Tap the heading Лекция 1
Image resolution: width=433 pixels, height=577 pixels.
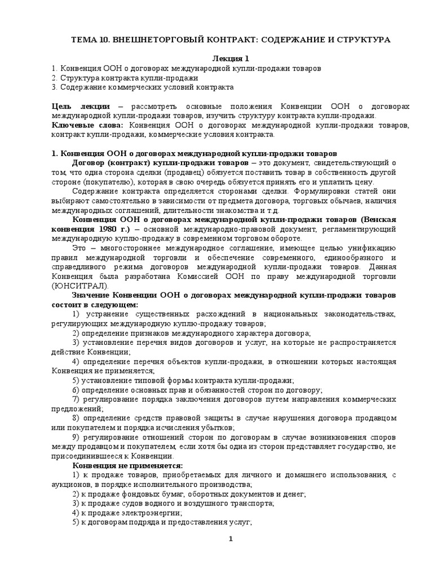[230, 59]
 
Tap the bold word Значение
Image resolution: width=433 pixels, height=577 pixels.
[92, 295]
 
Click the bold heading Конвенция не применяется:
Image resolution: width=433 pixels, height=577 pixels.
[127, 465]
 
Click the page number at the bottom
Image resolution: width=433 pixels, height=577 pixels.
[230, 540]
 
